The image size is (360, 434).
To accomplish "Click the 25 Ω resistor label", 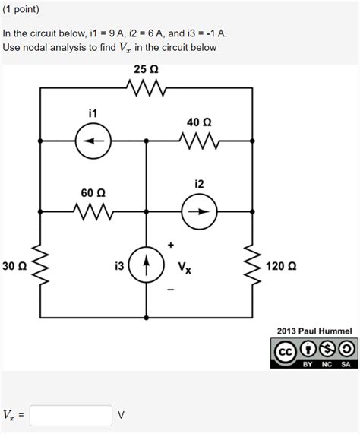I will (146, 69).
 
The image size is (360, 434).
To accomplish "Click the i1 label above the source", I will (93, 113).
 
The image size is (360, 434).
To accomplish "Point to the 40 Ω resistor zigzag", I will (200, 141).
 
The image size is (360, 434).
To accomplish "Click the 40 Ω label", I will (199, 122).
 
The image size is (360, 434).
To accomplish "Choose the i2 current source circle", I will (200, 212).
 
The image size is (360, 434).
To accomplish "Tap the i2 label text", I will (199, 185).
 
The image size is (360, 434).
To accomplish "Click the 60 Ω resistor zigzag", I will (93, 212).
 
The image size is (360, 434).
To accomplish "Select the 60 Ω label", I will (93, 193).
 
